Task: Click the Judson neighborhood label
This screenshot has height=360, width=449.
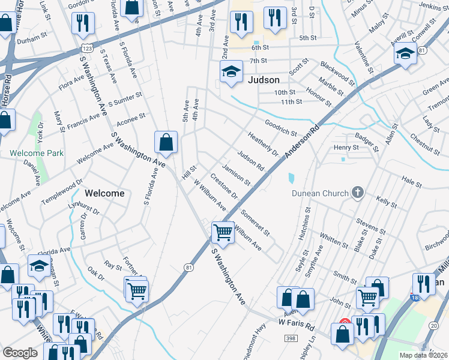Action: (x=263, y=80)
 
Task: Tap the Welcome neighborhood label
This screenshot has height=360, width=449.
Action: (x=104, y=193)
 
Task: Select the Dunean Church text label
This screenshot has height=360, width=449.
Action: (x=320, y=193)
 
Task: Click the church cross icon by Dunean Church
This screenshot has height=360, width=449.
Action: (x=358, y=193)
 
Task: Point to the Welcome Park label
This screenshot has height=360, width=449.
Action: (x=37, y=153)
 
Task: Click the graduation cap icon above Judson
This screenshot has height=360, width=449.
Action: (x=231, y=73)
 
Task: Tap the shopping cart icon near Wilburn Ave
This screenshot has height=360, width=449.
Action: (x=223, y=232)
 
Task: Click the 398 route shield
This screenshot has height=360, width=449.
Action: (x=290, y=339)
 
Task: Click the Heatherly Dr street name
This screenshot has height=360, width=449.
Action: (x=263, y=144)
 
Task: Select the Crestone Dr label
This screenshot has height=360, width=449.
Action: (x=224, y=187)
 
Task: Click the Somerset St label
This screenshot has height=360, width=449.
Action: (x=255, y=221)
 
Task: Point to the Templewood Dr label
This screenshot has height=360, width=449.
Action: (x=62, y=191)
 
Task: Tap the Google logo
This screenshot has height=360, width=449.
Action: (x=20, y=353)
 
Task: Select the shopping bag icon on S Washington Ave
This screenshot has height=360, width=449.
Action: (x=166, y=142)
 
